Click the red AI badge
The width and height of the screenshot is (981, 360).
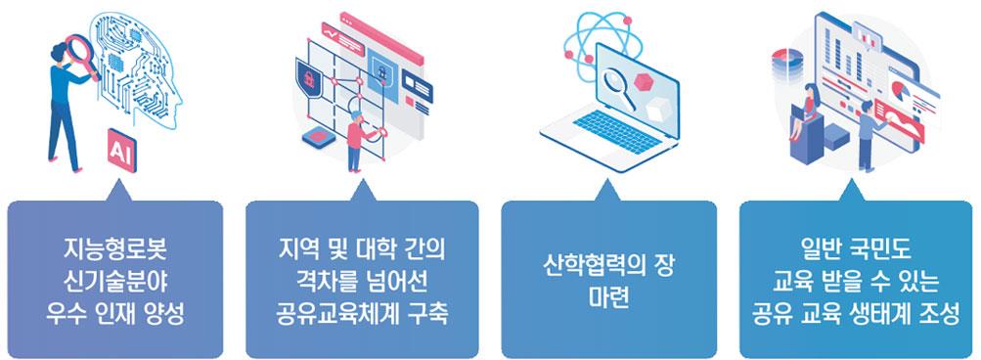[121, 151]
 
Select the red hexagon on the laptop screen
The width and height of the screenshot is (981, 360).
[644, 81]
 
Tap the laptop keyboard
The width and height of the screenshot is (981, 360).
[616, 130]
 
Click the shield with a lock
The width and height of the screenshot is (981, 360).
[307, 77]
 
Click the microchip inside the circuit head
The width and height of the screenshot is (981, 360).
[115, 62]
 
